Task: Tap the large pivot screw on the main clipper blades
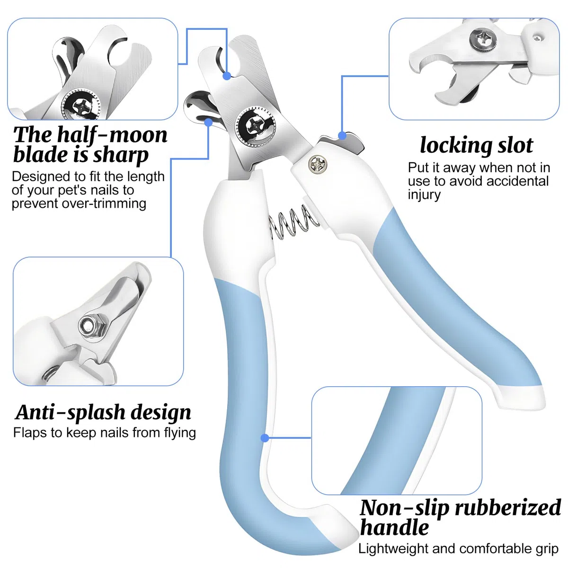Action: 256,126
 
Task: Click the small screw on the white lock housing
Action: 318,163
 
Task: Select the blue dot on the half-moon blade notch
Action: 227,76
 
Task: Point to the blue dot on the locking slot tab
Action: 342,135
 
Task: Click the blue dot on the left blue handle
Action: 265,438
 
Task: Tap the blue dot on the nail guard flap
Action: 208,122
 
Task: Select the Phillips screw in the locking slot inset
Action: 483,39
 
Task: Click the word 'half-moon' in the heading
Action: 112,135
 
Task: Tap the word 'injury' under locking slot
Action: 424,195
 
